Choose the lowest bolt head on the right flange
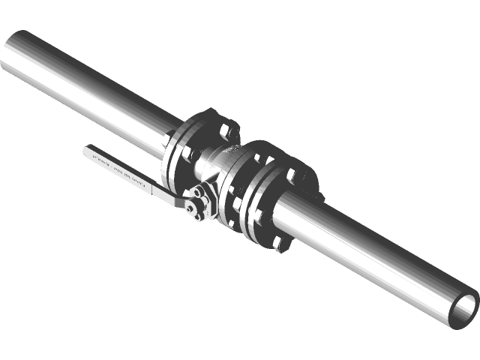(x=278, y=241)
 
